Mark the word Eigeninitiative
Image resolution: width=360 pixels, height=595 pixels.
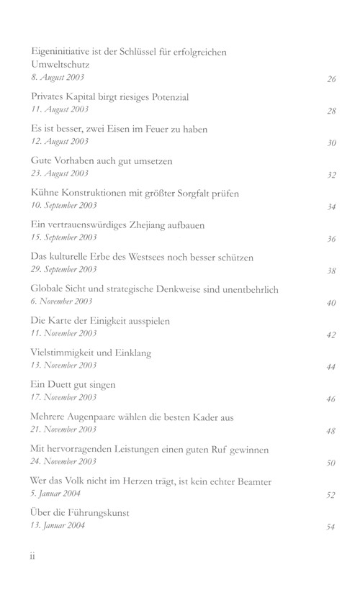point(66,51)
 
